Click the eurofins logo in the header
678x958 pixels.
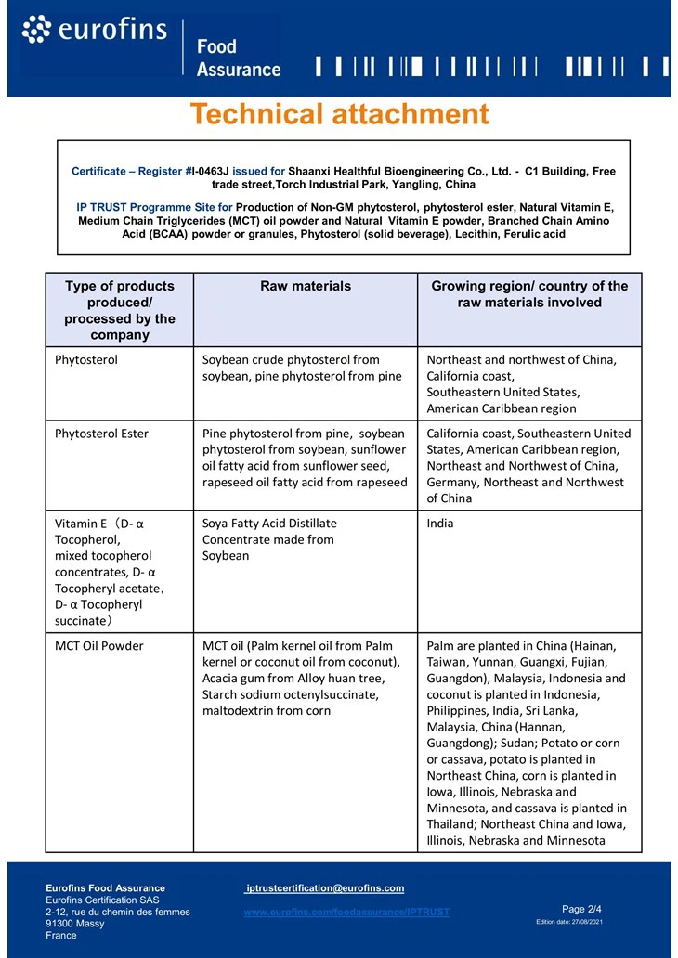click(x=94, y=30)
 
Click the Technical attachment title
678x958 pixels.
click(x=339, y=114)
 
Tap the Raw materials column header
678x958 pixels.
click(x=306, y=286)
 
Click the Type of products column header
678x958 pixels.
click(x=120, y=310)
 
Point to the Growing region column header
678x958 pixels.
click(x=529, y=294)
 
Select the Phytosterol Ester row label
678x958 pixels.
click(x=101, y=434)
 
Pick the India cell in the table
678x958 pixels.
click(x=440, y=524)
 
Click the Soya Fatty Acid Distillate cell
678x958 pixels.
click(x=269, y=524)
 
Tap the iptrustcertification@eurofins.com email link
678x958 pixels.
click(x=324, y=888)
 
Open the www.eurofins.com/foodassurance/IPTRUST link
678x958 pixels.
click(x=346, y=913)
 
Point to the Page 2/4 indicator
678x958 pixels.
click(x=582, y=909)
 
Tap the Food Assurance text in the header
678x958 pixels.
click(x=238, y=58)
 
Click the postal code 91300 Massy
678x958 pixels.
click(x=75, y=924)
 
